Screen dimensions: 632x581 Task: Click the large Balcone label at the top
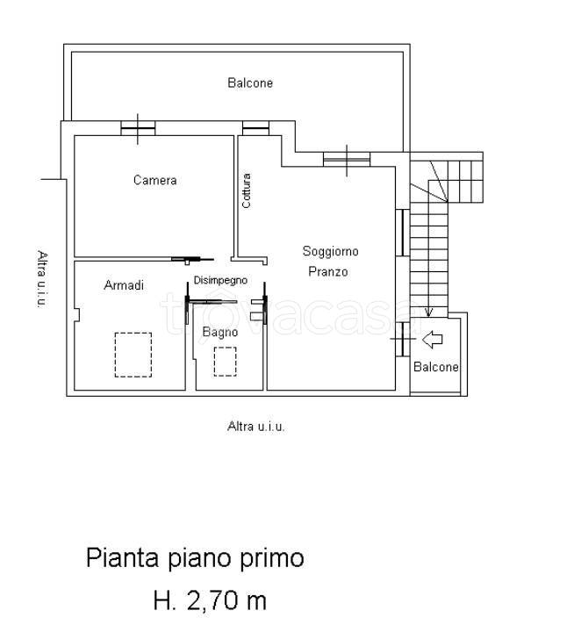[x=250, y=83]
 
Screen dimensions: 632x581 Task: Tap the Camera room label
[x=154, y=180]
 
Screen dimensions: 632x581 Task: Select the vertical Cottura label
[x=247, y=190]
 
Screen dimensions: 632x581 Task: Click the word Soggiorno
[x=330, y=251]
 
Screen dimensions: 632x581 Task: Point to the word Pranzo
[x=327, y=271]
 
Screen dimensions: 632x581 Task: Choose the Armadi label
[x=124, y=285]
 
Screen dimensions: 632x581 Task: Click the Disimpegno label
[x=220, y=280]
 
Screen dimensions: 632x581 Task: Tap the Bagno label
[x=219, y=332]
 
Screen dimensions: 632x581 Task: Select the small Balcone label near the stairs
[x=436, y=367]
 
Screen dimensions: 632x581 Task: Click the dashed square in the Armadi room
[x=133, y=354]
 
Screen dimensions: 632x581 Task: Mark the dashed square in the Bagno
[x=226, y=361]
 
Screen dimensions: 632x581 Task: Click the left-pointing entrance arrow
[x=433, y=338]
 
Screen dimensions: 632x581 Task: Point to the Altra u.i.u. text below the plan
[x=256, y=427]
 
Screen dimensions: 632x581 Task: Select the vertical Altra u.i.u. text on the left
[x=41, y=278]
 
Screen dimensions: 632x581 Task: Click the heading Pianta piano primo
[x=195, y=558]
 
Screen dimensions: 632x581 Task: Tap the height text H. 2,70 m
[x=210, y=601]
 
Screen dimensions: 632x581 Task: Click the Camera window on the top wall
[x=138, y=128]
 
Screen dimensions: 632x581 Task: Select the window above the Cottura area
[x=255, y=128]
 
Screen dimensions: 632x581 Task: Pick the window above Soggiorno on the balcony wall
[x=347, y=159]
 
